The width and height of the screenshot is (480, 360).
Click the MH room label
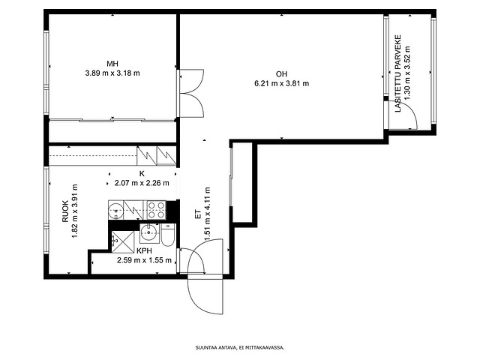click(112, 64)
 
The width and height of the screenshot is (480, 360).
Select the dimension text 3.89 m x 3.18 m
click(112, 73)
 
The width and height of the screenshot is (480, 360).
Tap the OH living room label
click(282, 74)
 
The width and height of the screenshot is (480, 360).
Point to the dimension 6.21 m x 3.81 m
click(282, 83)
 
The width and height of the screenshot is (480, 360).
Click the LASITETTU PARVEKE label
click(397, 73)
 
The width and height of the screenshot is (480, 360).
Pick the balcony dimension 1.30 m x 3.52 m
click(407, 73)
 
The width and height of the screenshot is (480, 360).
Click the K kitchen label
click(142, 174)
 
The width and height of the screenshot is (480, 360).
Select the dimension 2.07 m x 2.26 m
click(142, 183)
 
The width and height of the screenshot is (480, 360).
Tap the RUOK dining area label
click(65, 211)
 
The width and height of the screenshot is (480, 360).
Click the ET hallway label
click(198, 214)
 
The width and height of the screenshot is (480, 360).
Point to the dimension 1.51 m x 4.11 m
click(208, 214)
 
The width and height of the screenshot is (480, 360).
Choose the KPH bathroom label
click(144, 251)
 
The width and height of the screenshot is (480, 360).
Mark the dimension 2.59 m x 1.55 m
click(144, 260)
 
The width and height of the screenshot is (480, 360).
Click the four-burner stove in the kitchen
click(157, 210)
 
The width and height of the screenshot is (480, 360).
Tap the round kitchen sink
click(116, 211)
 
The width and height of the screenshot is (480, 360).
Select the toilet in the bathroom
click(168, 235)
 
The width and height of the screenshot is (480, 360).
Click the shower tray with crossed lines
click(123, 242)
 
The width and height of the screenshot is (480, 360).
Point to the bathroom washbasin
click(149, 233)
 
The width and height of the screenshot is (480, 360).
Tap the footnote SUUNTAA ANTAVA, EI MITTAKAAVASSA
click(240, 347)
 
